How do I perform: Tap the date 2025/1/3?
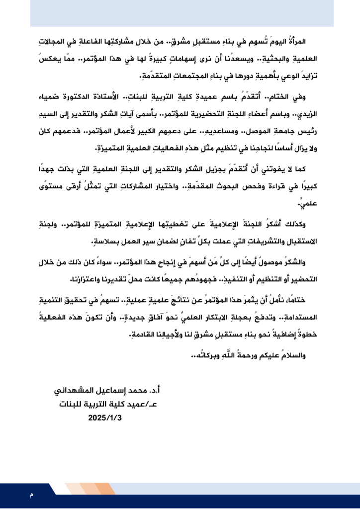104,418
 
